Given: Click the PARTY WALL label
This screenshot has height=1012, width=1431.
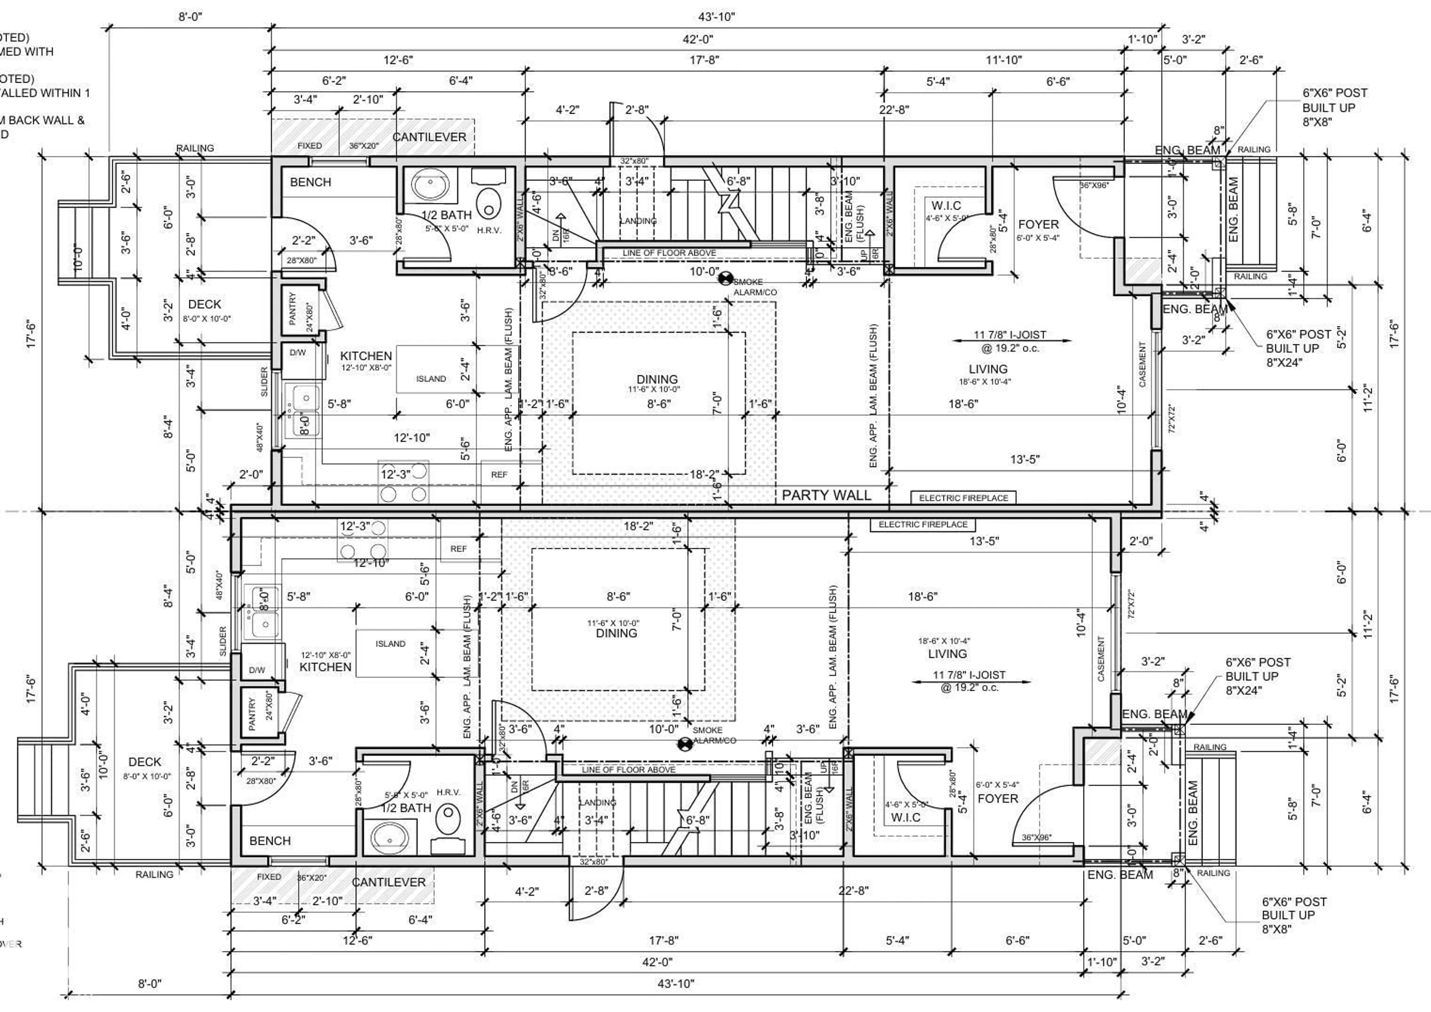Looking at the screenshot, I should [826, 495].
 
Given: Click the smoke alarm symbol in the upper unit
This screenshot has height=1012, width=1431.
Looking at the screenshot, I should [725, 279].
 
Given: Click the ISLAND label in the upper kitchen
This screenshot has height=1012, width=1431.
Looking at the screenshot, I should [431, 378].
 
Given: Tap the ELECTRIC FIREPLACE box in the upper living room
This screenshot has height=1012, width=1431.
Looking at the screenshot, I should [963, 498].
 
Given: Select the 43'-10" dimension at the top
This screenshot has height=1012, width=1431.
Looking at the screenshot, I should [717, 17].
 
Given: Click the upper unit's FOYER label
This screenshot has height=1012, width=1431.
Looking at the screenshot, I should [1038, 224].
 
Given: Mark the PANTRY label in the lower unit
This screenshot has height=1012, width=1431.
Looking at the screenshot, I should [252, 714].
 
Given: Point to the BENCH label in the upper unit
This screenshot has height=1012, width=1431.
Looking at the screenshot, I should [310, 183].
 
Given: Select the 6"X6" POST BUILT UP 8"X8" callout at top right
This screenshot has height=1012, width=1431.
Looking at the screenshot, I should [1334, 107].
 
